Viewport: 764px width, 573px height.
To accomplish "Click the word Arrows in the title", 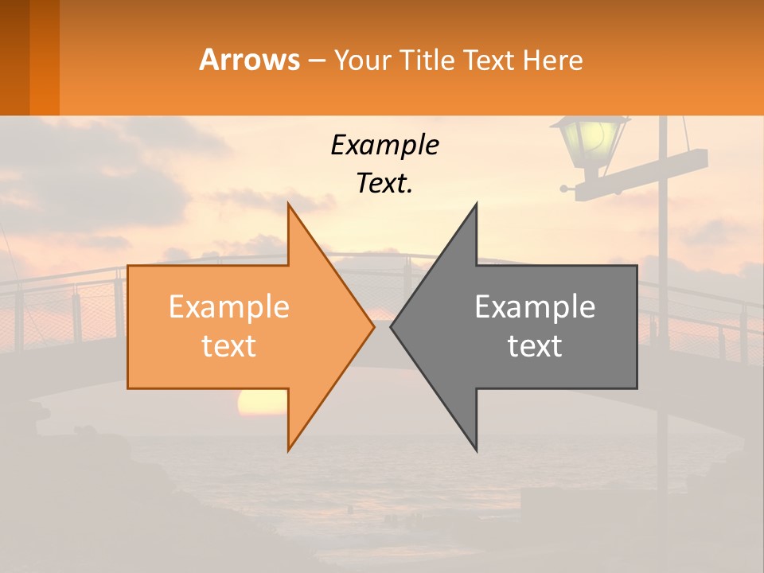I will [249, 60].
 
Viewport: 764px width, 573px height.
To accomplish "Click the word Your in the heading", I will [362, 60].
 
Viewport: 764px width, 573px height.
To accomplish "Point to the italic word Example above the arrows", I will [384, 145].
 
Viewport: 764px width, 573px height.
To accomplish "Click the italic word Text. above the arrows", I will [384, 183].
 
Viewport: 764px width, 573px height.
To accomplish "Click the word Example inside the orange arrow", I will [229, 307].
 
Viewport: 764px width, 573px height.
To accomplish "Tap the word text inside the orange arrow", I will [229, 345].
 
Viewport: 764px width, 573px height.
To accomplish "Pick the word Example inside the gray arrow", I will [535, 307].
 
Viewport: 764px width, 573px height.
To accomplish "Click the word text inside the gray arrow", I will [535, 345].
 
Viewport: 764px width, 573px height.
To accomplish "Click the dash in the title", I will [316, 60].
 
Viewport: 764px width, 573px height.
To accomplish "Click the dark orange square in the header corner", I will [29, 57].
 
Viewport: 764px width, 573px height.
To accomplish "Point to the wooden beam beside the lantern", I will [645, 172].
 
